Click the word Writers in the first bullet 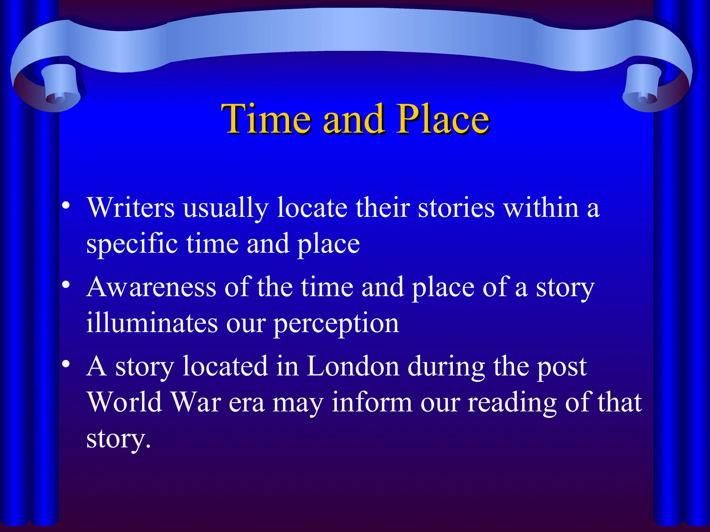(x=131, y=207)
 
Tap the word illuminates (x=152, y=323)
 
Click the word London (x=353, y=366)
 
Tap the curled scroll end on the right (x=645, y=92)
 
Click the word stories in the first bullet (x=456, y=207)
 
